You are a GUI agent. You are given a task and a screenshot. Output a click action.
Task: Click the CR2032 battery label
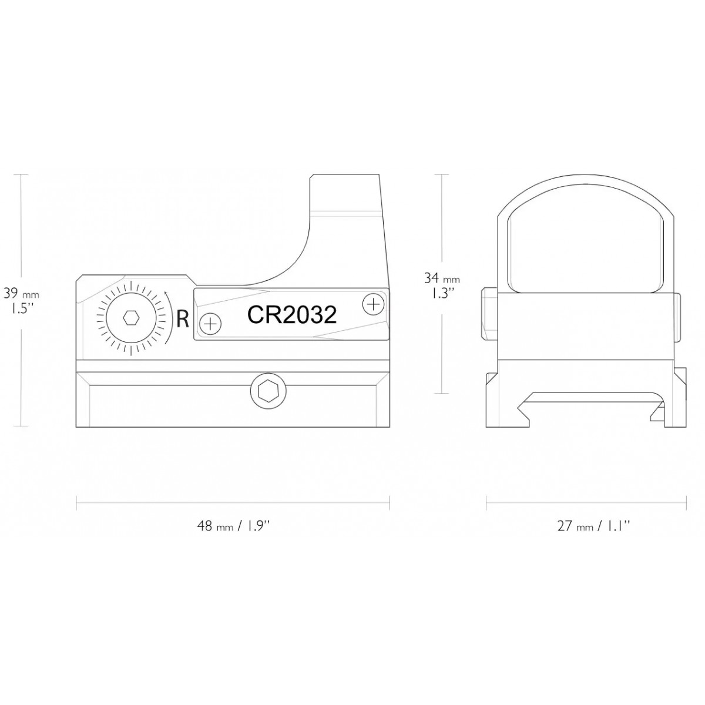coord(291,315)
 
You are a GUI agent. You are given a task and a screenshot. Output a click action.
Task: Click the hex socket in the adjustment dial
coord(130,318)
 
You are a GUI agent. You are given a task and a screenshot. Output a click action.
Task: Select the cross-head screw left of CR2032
coord(210,323)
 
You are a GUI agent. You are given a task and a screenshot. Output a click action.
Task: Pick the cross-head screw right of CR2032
coord(373,304)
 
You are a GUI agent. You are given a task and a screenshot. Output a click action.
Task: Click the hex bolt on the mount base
coord(268,392)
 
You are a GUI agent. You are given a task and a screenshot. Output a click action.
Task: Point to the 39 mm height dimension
coord(21,293)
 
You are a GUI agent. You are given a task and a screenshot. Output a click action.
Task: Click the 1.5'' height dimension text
coord(21,309)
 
